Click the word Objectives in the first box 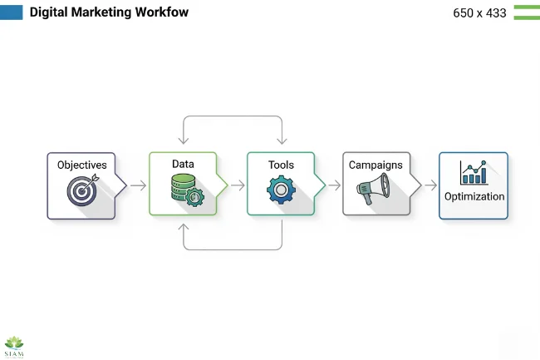click(x=81, y=165)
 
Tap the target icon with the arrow click(x=82, y=190)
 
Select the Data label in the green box click(x=183, y=165)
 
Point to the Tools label click(x=281, y=165)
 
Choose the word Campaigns click(x=376, y=165)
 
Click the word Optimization click(x=474, y=197)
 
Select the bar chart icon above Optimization click(x=474, y=173)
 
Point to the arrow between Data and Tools click(x=237, y=185)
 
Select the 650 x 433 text click(x=479, y=13)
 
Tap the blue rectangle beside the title click(x=12, y=12)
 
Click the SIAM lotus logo click(x=15, y=345)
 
